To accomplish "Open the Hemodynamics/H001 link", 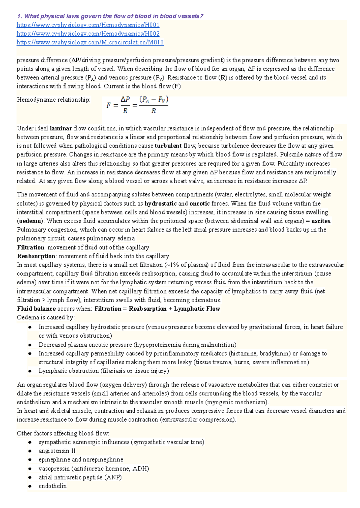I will coord(88,25).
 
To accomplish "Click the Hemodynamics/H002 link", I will coord(88,34).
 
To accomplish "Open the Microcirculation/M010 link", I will coord(90,42).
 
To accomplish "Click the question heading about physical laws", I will coord(110,16).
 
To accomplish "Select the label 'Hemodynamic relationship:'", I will coord(54,100).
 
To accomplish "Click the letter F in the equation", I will coord(109,106).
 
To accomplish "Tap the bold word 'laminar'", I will coord(61,129).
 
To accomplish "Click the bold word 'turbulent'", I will coord(168,146).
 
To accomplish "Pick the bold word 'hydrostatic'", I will coord(160,204).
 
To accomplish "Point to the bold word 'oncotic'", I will coord(199,204).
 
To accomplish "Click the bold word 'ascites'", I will coord(321,221).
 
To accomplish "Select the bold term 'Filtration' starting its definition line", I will coord(31,247).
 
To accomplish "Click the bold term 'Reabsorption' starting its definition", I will coord(36,256).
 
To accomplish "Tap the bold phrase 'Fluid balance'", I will coord(36,309).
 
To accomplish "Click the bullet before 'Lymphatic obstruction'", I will coord(30,371).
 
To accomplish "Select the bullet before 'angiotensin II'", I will coord(30,451).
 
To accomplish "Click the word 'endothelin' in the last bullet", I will coord(52,486).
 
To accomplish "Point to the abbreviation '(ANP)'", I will coord(113,477).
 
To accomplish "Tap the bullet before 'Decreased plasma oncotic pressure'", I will coord(30,345).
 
